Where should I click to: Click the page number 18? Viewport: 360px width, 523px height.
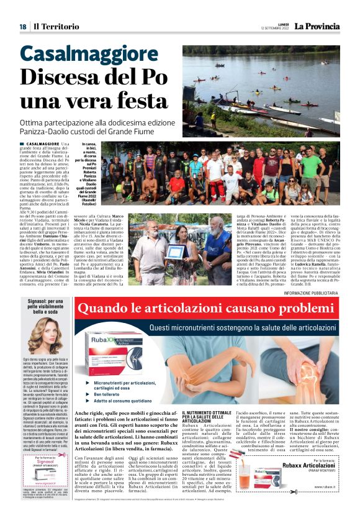22,26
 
